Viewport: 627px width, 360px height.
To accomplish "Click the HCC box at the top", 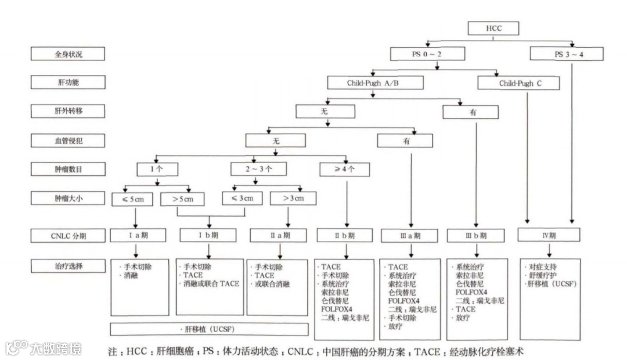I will pyautogui.click(x=493, y=28).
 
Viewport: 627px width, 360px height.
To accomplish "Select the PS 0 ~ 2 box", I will pyautogui.click(x=427, y=54).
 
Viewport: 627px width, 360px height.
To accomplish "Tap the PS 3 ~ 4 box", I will pyautogui.click(x=566, y=54).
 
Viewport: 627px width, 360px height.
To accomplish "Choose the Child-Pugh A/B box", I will pyautogui.click(x=373, y=84).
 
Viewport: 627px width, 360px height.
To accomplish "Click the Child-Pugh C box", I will pyautogui.click(x=520, y=84).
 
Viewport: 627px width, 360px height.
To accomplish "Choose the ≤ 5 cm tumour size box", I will pyautogui.click(x=132, y=199).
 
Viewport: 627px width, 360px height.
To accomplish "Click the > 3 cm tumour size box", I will pyautogui.click(x=294, y=199).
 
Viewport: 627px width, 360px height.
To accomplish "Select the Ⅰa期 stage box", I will pyautogui.click(x=136, y=236).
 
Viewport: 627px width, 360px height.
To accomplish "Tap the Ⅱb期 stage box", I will pyautogui.click(x=345, y=236).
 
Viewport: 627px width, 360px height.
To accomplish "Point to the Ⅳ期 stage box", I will pyautogui.click(x=549, y=236).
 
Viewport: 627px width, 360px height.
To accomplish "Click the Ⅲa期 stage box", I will pyautogui.click(x=410, y=236).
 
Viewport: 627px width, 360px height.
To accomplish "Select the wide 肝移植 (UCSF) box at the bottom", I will pyautogui.click(x=209, y=329).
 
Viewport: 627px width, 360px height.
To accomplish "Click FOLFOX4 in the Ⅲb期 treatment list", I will pyautogui.click(x=470, y=292).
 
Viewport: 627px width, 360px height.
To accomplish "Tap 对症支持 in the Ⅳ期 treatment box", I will pyautogui.click(x=540, y=267).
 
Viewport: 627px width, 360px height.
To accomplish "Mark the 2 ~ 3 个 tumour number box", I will pyautogui.click(x=258, y=169).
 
